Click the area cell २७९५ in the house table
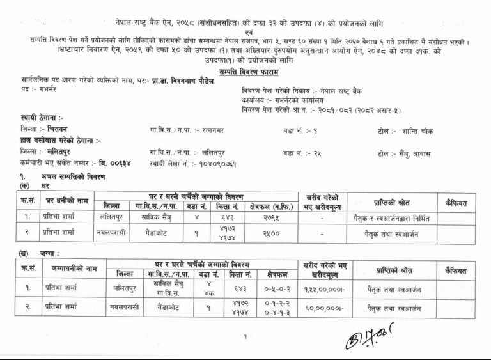[268, 218]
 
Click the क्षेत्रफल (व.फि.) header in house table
[268, 205]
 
